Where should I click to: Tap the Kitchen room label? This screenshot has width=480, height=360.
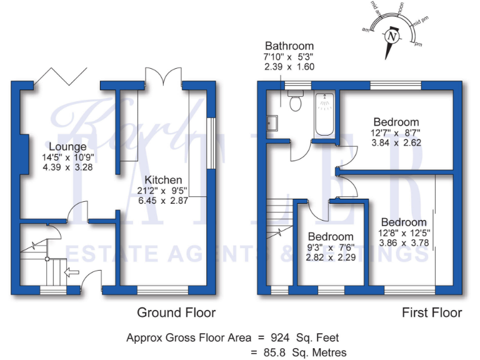point(161,179)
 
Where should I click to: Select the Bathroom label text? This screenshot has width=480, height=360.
point(289,46)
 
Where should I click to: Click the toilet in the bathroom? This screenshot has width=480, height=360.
point(295,101)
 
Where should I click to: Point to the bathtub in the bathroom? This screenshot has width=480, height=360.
point(325,114)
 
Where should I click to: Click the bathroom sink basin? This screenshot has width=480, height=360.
point(271,121)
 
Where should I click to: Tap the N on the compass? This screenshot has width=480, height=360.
point(392,36)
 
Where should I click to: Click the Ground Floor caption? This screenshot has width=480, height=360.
point(176,312)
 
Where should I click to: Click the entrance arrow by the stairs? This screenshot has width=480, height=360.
point(72,272)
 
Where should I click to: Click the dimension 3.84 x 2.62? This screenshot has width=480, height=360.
point(396,142)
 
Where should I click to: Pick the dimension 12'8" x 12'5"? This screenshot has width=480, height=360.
point(404,233)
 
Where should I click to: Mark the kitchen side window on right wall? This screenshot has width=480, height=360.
point(211,142)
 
